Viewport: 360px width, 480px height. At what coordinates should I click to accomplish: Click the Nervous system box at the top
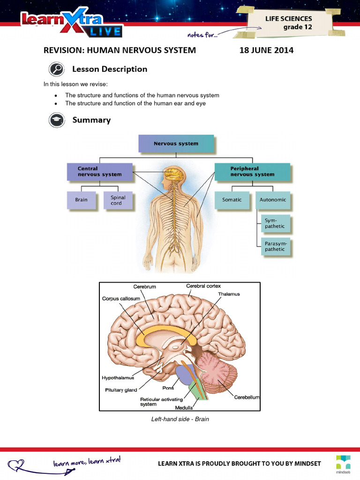point(176,143)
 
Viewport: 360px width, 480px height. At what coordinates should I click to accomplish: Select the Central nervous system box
point(99,172)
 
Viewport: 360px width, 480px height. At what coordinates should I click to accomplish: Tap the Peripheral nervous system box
point(252,172)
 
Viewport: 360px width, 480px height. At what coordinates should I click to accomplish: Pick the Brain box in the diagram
point(81,200)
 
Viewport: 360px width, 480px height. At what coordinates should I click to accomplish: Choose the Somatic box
point(232,200)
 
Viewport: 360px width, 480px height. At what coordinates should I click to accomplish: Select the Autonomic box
point(273,200)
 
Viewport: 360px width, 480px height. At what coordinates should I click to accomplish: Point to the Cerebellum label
point(247,397)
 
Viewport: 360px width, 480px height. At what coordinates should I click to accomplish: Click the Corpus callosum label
point(120,298)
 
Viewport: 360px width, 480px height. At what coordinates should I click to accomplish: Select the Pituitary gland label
point(121,390)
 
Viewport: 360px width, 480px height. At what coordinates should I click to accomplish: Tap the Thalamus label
point(229,294)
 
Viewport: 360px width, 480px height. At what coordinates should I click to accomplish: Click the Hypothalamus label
point(118,377)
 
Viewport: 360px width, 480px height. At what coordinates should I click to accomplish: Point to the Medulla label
point(184,408)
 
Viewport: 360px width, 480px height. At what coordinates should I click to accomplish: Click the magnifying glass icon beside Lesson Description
point(56,69)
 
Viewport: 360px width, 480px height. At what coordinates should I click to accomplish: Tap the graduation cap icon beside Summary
point(56,120)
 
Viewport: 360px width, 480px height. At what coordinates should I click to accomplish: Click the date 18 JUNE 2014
point(266,50)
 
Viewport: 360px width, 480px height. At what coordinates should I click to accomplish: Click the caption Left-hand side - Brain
point(180,419)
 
